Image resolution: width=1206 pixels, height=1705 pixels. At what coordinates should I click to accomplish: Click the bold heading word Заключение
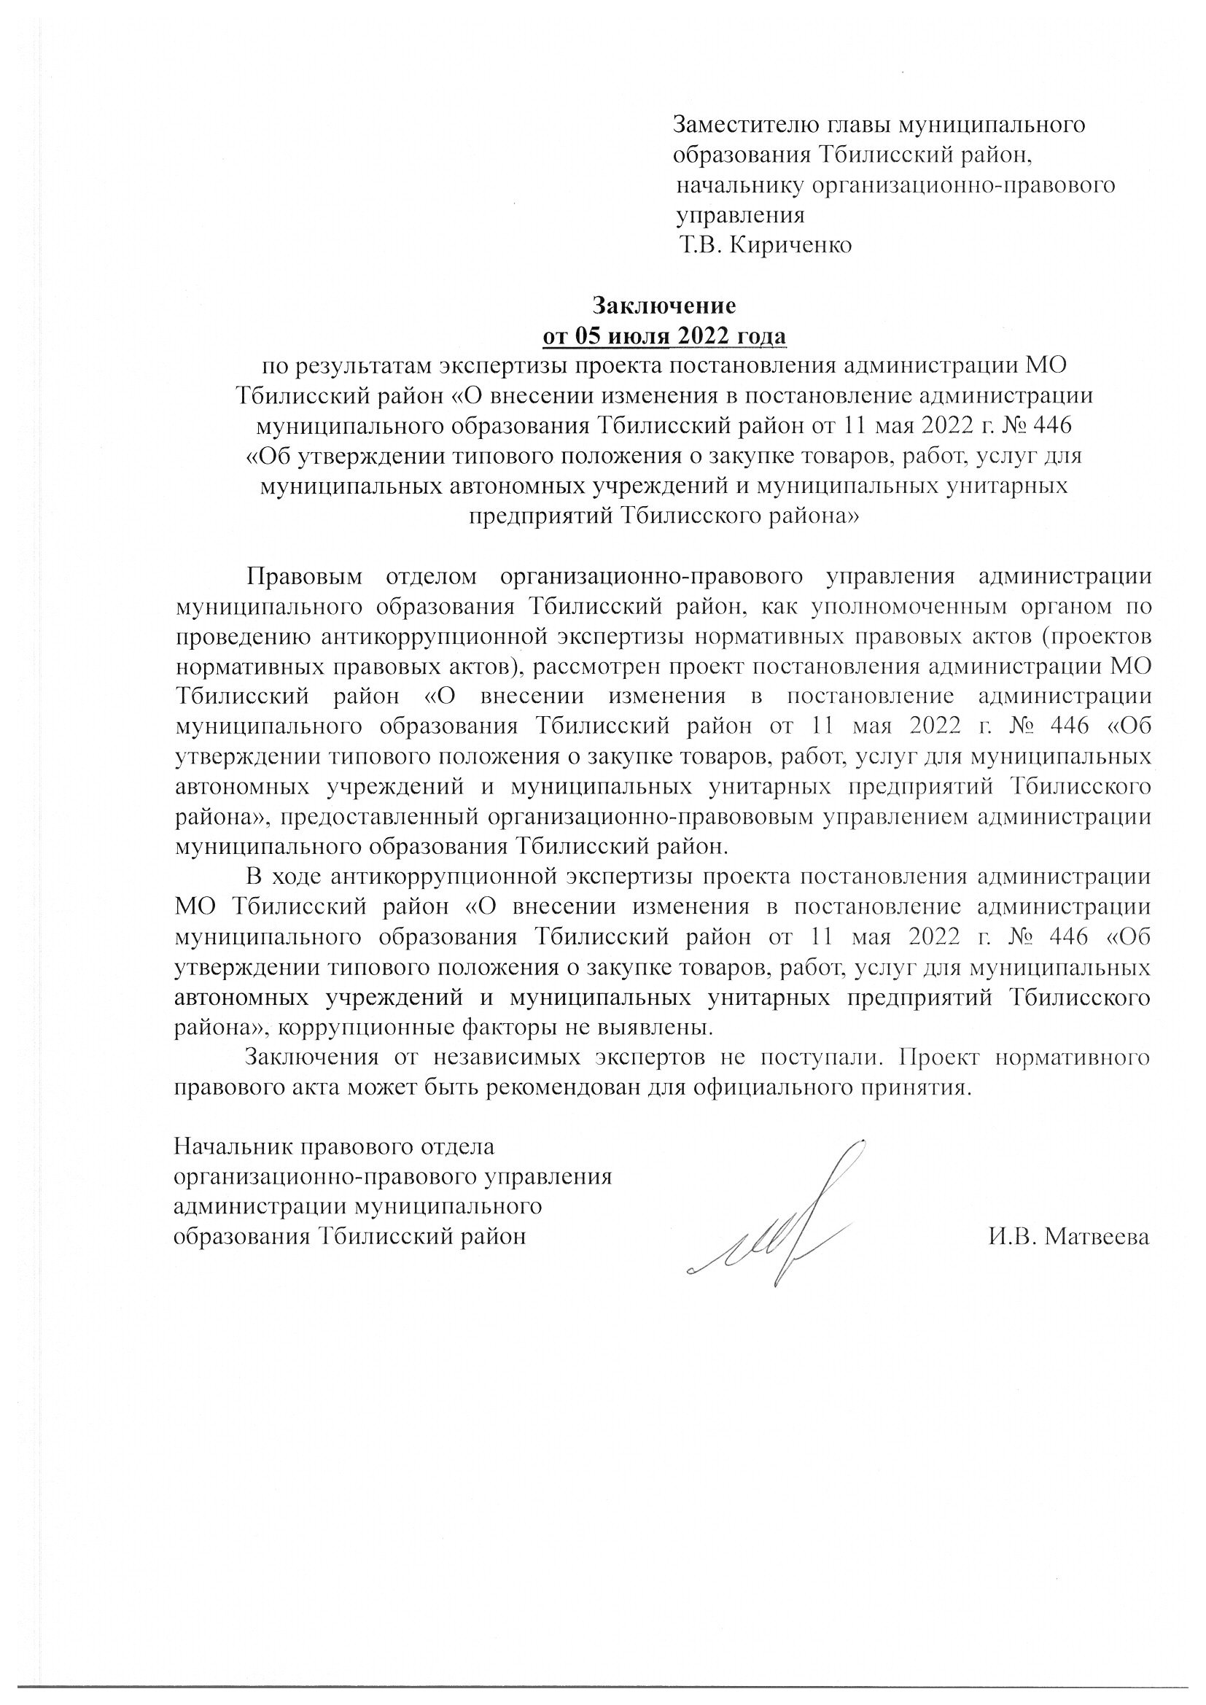coord(664,306)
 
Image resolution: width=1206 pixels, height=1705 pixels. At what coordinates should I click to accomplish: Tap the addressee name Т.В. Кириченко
coord(765,245)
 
